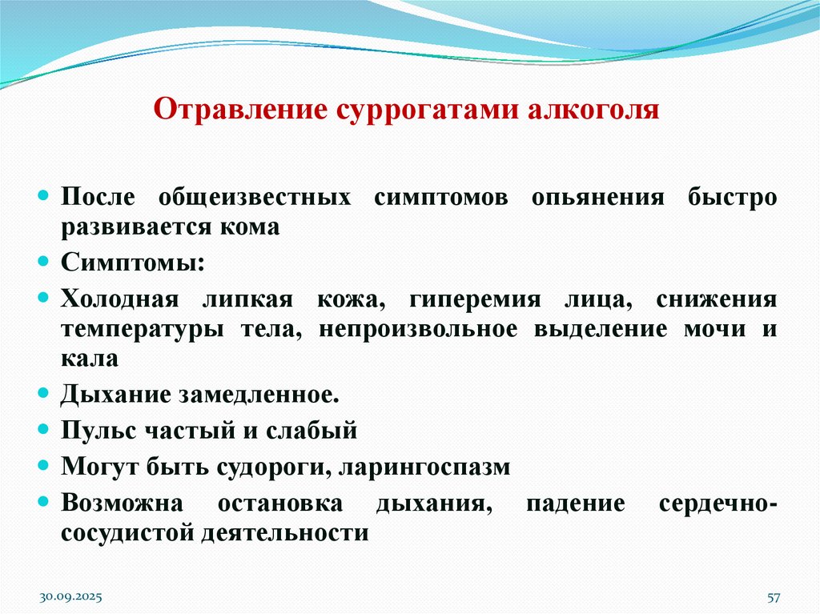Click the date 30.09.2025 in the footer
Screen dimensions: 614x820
(x=71, y=597)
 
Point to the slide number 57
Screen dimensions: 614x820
(x=774, y=597)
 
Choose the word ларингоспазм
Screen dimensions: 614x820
(x=424, y=467)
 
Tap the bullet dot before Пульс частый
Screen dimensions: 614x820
(x=45, y=430)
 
